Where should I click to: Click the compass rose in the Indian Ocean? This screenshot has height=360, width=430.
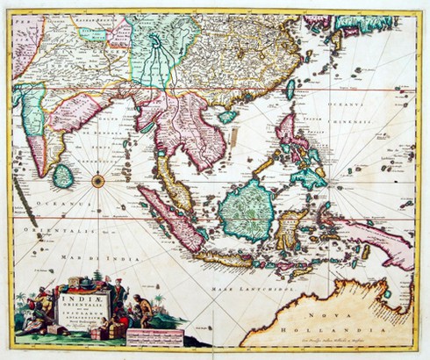click(x=97, y=181)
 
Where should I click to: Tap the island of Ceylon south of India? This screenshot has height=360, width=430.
click(x=62, y=175)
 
